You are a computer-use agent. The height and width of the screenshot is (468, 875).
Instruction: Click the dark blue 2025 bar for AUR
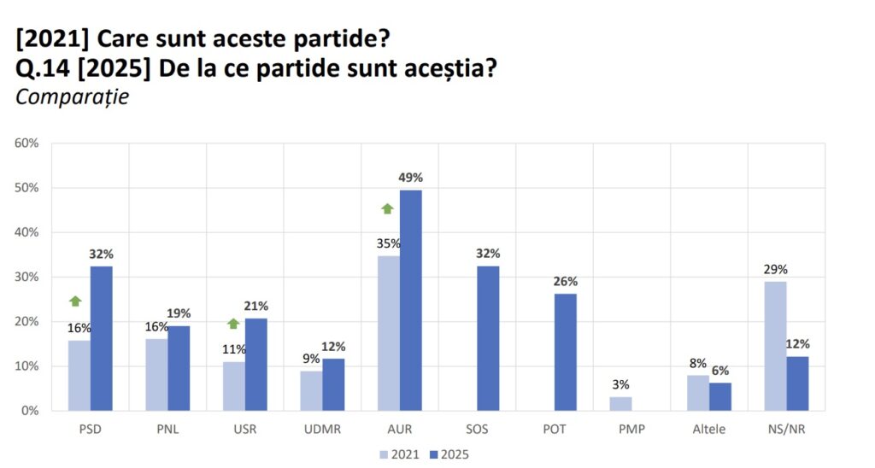tap(410, 300)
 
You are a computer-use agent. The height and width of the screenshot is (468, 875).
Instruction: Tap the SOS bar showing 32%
tap(488, 338)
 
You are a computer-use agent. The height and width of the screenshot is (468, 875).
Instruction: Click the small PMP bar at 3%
tap(621, 403)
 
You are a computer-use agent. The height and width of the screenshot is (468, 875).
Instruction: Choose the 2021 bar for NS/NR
tap(775, 346)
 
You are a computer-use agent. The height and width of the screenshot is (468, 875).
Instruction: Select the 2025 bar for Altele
tap(720, 396)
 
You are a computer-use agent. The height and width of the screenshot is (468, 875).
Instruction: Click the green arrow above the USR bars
tap(233, 324)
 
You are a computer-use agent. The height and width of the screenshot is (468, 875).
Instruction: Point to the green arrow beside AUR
tap(387, 208)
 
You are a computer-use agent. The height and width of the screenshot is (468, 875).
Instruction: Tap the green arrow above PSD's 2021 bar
tap(75, 301)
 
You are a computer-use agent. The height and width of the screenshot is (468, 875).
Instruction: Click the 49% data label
tap(410, 178)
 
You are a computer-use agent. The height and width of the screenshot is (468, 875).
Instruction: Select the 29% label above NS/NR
tap(775, 269)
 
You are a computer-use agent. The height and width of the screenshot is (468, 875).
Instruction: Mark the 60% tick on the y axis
tap(26, 143)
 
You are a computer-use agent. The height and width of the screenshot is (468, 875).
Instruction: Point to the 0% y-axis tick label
tap(30, 411)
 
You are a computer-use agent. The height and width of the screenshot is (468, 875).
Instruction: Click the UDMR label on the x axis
tap(322, 430)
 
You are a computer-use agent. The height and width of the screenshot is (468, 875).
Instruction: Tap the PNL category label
tap(167, 430)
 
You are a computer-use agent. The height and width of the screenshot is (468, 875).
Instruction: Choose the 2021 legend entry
tap(400, 453)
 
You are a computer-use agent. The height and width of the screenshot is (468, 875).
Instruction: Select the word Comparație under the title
tap(72, 97)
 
